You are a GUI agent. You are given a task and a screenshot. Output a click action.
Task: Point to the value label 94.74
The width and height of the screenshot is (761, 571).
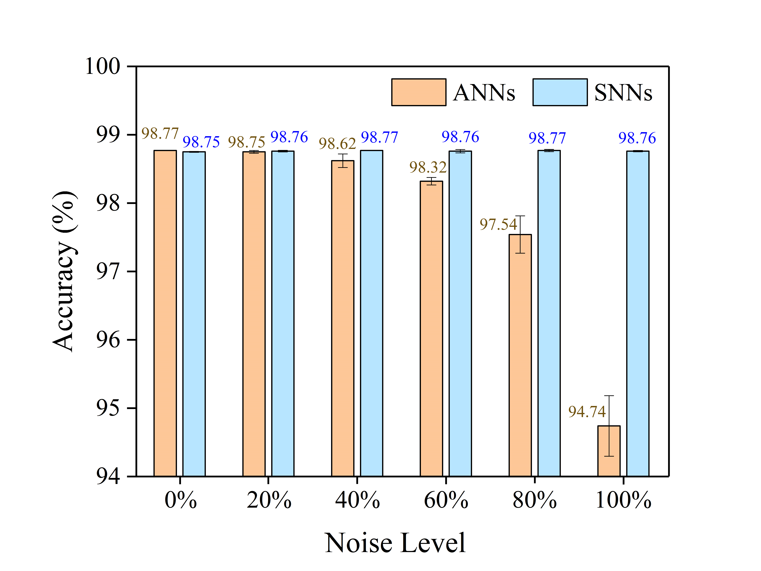(587, 412)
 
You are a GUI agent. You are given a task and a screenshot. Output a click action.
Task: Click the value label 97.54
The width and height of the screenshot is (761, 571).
(498, 224)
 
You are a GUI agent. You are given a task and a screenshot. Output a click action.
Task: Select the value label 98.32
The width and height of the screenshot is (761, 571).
(428, 168)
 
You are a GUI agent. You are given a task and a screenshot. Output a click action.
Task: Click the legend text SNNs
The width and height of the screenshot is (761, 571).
(623, 93)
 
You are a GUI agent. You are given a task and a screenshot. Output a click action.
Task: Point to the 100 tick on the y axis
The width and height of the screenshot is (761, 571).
(103, 66)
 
